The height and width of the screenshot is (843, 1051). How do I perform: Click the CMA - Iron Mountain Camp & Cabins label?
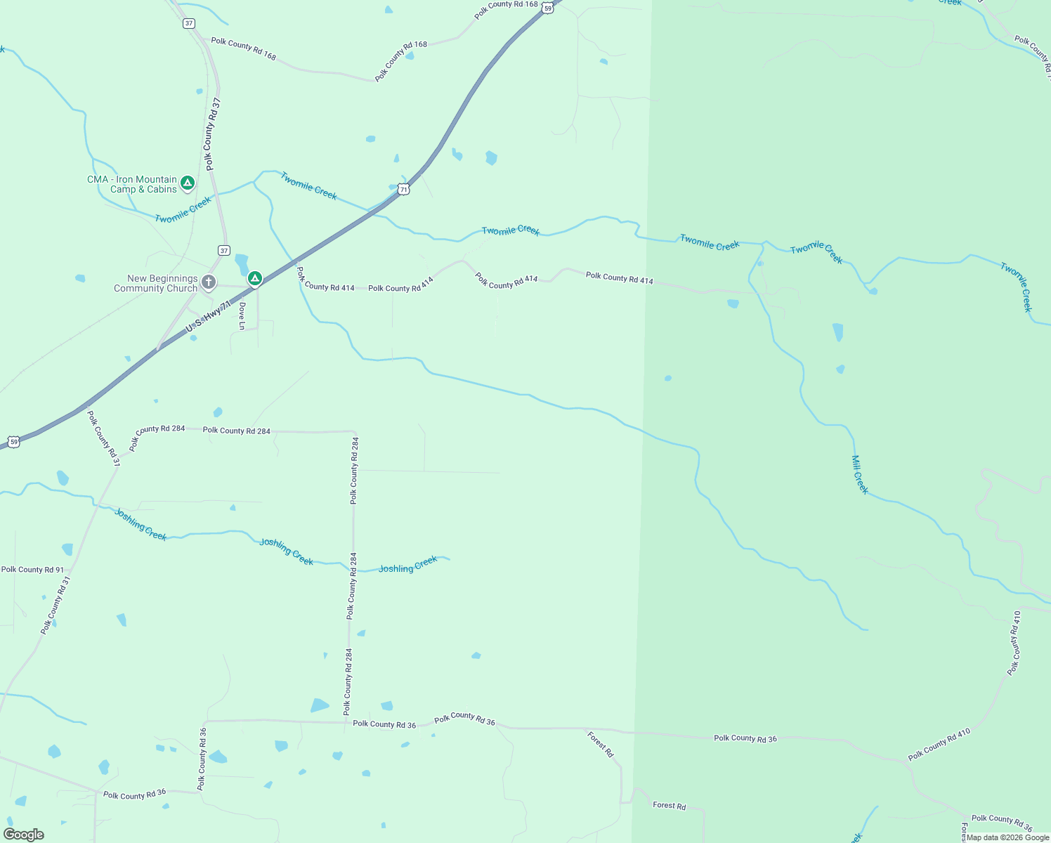132,184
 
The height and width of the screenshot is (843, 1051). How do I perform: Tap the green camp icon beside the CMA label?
187,183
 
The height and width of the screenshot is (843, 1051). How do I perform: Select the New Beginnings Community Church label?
156,283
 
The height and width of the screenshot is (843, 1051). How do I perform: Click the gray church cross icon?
209,282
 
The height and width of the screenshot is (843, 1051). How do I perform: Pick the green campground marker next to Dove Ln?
255,279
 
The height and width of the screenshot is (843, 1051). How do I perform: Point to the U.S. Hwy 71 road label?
208,318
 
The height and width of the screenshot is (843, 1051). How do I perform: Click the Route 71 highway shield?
403,189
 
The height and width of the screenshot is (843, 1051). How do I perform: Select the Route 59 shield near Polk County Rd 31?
13,442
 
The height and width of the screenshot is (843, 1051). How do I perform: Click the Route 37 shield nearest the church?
223,250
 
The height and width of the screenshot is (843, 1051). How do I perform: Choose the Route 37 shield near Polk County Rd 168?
188,23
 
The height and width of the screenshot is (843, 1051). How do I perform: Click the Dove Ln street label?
242,315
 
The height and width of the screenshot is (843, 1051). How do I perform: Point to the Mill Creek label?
860,474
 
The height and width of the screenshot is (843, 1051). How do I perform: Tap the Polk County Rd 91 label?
32,570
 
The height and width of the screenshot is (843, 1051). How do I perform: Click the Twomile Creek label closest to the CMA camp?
183,210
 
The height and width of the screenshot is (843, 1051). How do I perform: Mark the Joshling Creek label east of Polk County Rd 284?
408,564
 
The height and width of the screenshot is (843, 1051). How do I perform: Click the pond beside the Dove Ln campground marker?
241,263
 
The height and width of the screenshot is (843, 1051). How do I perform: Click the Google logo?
23,835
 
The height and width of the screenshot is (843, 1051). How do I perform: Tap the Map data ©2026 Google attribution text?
1007,837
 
